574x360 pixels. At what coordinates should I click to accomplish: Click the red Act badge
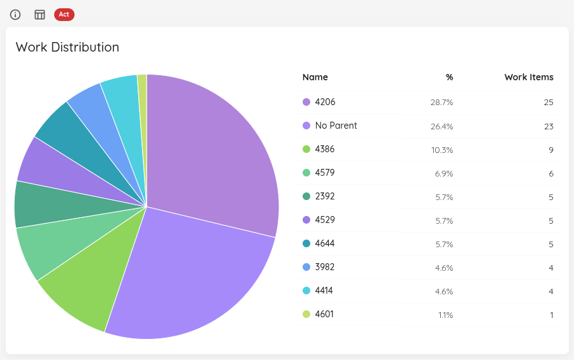[x=64, y=14]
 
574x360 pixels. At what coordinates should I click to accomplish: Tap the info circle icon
[x=15, y=15]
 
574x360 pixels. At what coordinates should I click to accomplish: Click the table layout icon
[x=39, y=15]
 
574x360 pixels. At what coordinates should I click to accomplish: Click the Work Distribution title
[x=68, y=47]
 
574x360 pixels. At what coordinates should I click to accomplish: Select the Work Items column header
[x=529, y=77]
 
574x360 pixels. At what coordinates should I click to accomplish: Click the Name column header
[x=315, y=77]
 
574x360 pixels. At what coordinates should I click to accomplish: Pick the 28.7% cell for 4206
[x=441, y=103]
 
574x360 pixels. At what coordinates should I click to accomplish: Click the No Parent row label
[x=336, y=126]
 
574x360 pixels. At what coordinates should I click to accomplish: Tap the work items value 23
[x=549, y=126]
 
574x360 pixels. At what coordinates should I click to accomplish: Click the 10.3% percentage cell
[x=441, y=150]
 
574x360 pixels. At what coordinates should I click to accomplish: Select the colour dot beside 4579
[x=306, y=173]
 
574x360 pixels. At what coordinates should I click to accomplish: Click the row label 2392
[x=324, y=196]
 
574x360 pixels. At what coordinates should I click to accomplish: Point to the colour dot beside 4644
[x=306, y=243]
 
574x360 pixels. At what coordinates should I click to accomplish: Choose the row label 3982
[x=324, y=267]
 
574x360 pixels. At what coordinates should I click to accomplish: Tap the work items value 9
[x=550, y=150]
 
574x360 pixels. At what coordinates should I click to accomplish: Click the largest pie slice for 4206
[x=217, y=153]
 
